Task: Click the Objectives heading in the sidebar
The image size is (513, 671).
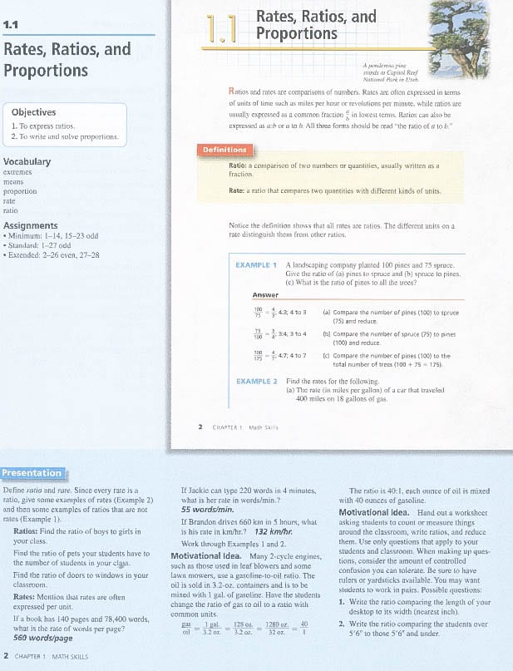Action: coord(34,112)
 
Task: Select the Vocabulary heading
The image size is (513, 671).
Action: coord(27,161)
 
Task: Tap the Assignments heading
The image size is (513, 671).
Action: coord(31,225)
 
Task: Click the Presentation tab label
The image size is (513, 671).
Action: coord(32,473)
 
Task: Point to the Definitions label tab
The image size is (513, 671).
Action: coord(224,150)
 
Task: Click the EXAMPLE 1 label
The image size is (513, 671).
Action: coord(255,264)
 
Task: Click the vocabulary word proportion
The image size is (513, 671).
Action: coord(20,190)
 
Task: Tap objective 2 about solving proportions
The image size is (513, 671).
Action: coord(67,136)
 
